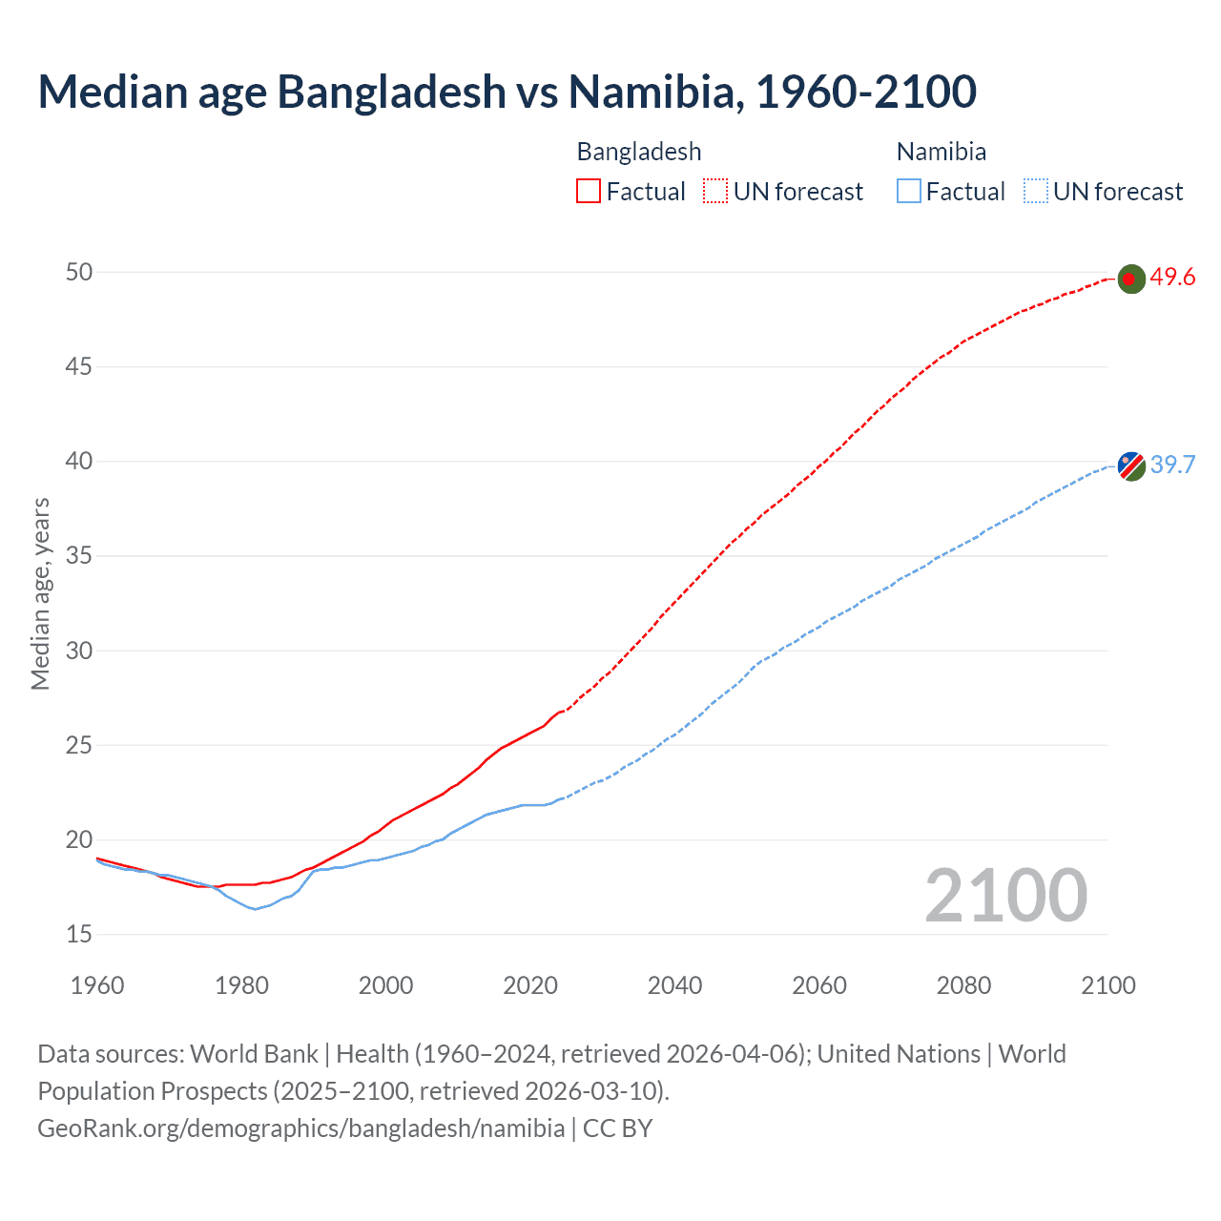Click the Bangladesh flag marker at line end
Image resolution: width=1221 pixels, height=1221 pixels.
(x=1130, y=279)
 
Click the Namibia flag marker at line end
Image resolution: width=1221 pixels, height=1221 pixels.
(x=1130, y=466)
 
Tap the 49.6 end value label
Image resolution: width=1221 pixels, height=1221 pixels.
(x=1172, y=278)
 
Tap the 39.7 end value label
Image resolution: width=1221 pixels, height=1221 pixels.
(x=1172, y=465)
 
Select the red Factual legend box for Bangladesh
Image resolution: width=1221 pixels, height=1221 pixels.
(x=589, y=192)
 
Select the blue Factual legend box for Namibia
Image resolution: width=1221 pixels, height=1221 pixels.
(x=909, y=192)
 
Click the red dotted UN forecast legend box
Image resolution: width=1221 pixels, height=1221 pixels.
(x=715, y=192)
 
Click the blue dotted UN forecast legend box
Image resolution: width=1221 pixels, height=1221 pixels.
(x=1036, y=192)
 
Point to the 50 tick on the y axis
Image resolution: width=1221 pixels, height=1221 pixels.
(x=79, y=272)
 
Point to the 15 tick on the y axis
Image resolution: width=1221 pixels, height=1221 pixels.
(x=79, y=934)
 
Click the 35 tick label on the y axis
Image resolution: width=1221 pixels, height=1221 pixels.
(x=79, y=555)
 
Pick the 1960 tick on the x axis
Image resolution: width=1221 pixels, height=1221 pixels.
(x=97, y=984)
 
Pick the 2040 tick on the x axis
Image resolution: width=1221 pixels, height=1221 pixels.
(x=674, y=984)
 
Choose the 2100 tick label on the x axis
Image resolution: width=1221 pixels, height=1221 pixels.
(x=1107, y=984)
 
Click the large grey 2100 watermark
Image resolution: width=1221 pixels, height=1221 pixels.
(x=1005, y=895)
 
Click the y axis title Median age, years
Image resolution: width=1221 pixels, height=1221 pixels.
(x=40, y=593)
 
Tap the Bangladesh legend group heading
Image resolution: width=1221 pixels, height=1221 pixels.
(x=639, y=152)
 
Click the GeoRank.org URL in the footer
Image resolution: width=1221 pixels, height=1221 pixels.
(x=300, y=1128)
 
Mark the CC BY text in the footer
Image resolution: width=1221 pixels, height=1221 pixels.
(x=617, y=1128)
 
